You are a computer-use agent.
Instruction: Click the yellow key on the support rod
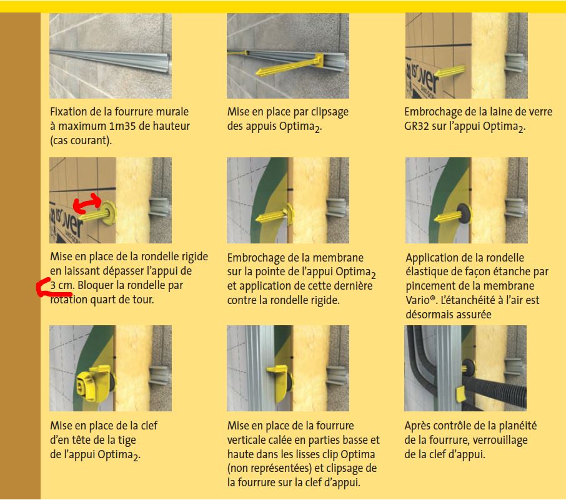click(93, 383)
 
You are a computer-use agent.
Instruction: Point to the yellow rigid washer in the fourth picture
click(108, 213)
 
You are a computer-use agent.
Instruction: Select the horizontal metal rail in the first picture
click(109, 60)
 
